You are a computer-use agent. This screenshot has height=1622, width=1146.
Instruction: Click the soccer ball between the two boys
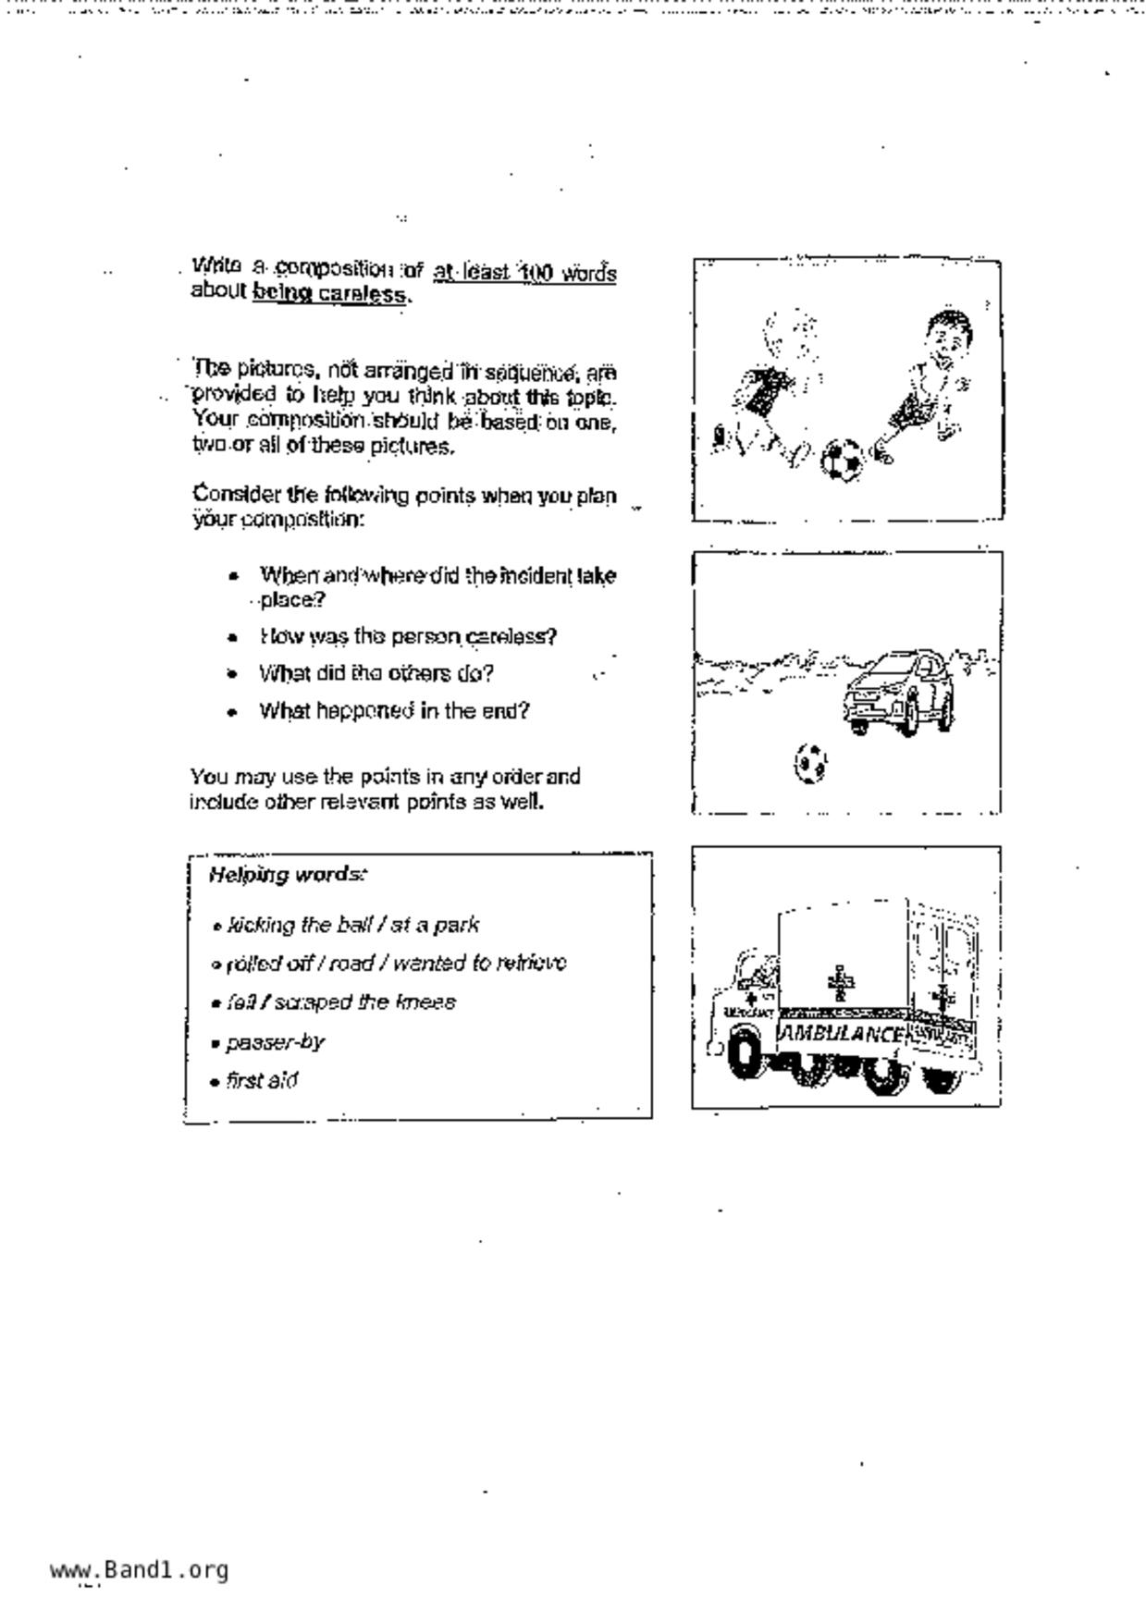coord(842,460)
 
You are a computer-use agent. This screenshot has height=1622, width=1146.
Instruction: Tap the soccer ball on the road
coord(810,764)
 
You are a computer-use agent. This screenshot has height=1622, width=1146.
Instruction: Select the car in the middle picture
coord(898,692)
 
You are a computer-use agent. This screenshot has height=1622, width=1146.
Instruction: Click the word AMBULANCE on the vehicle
coord(841,1034)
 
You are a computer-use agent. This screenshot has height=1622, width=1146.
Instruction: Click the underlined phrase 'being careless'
coord(329,294)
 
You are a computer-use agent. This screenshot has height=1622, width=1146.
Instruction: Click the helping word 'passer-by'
coord(275,1042)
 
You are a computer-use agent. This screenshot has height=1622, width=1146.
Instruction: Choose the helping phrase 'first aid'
coord(262,1080)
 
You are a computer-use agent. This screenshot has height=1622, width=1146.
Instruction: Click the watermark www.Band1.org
coord(140,1569)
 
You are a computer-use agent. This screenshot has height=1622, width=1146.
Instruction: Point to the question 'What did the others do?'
coord(376,673)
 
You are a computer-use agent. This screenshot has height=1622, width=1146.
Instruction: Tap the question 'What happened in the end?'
coord(394,711)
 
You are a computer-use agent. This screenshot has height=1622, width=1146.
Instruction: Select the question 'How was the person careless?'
coord(408,636)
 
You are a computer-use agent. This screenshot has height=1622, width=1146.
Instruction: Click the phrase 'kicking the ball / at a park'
coord(352,925)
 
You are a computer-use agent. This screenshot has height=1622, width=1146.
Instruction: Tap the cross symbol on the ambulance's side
coord(840,982)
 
